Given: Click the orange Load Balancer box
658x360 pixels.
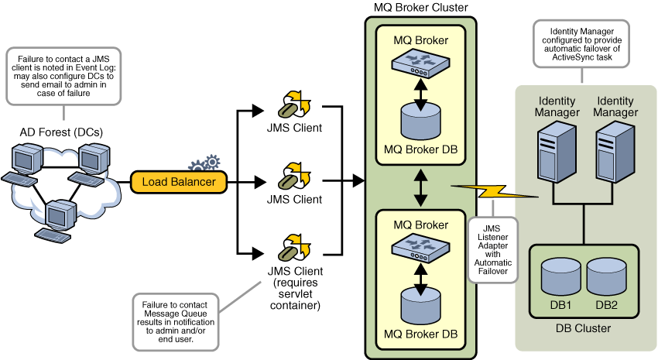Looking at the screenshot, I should coord(179,183).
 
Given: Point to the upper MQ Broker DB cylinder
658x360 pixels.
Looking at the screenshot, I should coord(420,122).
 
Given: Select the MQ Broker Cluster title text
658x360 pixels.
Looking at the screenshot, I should coord(420,8).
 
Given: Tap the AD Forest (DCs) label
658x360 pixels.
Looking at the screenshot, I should coord(61,132).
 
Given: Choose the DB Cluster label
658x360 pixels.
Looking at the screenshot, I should coord(583,328).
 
